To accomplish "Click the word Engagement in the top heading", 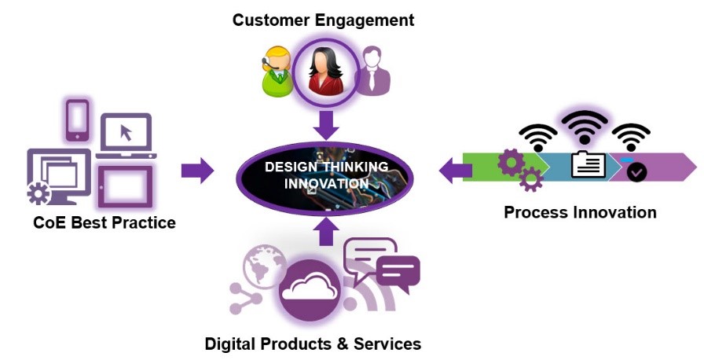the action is click(364, 20).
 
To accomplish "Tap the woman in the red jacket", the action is click(326, 72).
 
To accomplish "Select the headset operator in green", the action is click(277, 72).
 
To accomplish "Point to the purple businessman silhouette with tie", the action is click(373, 71).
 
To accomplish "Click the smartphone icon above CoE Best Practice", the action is click(77, 120).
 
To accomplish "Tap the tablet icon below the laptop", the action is click(125, 186).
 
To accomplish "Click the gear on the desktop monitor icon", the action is click(38, 193).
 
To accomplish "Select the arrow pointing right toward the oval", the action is click(197, 171).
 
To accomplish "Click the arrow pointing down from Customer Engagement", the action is click(326, 125).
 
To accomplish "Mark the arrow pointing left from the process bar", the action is click(455, 171).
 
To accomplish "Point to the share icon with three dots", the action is click(245, 298).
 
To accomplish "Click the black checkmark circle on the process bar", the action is click(637, 172).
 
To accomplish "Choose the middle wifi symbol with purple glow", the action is click(584, 127).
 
